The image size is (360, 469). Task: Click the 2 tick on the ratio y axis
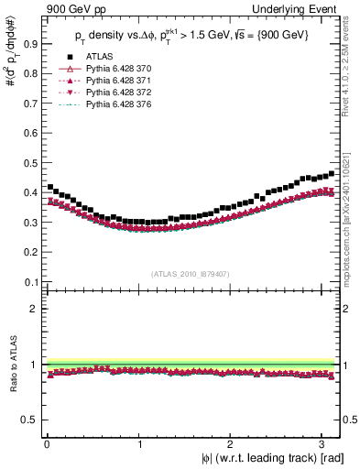[x=33, y=309]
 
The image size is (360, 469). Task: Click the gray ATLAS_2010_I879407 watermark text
[x=191, y=274]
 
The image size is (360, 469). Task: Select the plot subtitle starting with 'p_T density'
[x=192, y=37]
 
